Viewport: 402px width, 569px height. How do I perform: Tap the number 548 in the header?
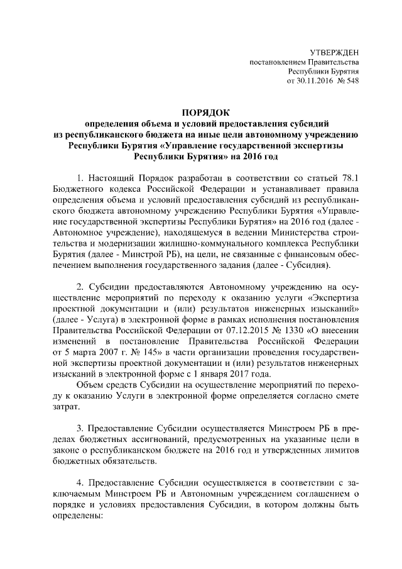352,81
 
